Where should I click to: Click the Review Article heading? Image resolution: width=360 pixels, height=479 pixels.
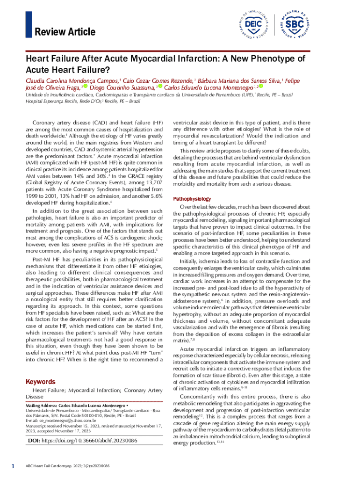65,32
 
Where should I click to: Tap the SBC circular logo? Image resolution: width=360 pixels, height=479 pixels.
295,23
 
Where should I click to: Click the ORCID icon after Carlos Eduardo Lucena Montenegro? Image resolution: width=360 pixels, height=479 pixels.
261,87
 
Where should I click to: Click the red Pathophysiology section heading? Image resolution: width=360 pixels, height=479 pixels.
192,199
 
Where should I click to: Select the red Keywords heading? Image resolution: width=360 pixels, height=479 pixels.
41,382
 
